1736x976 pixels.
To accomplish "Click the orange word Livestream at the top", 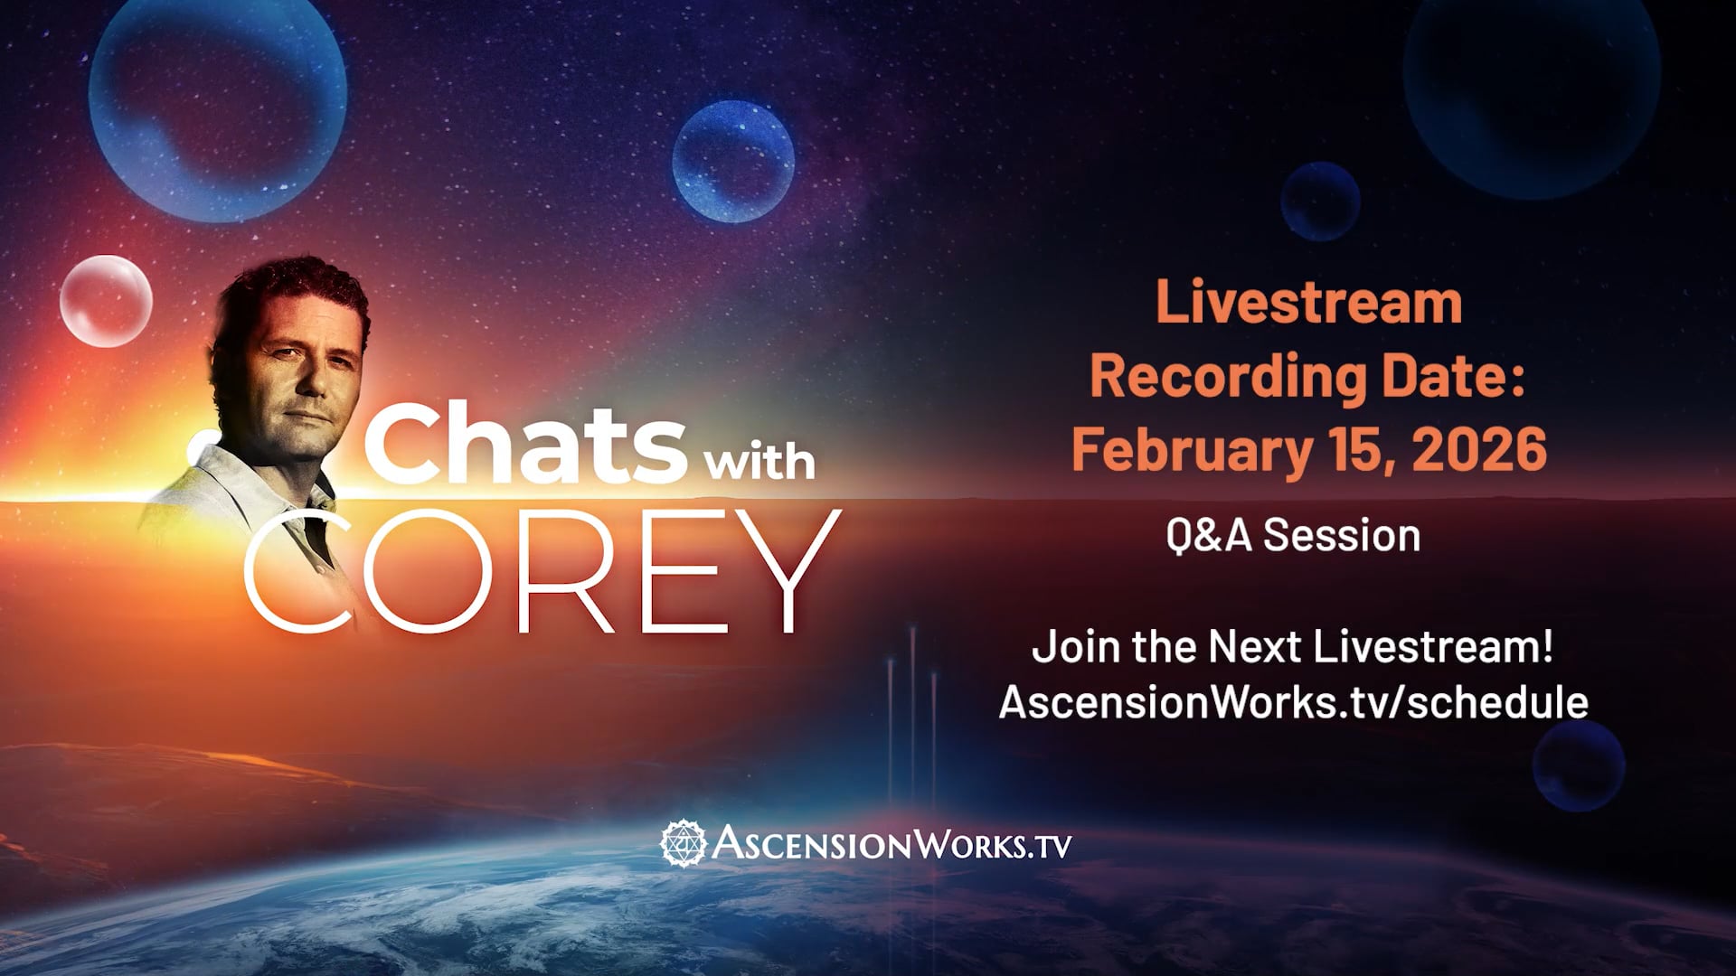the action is [x=1308, y=304].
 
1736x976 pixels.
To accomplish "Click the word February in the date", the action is [x=1183, y=451].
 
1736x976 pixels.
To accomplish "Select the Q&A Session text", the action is [x=1293, y=535].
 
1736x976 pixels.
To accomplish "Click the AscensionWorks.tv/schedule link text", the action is [x=1293, y=702].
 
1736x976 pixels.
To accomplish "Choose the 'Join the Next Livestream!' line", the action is [x=1293, y=648].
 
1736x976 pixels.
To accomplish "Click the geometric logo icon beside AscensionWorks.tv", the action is [x=682, y=842].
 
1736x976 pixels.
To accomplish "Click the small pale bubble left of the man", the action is [x=106, y=300].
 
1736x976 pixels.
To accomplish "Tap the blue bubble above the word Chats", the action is [x=733, y=163].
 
